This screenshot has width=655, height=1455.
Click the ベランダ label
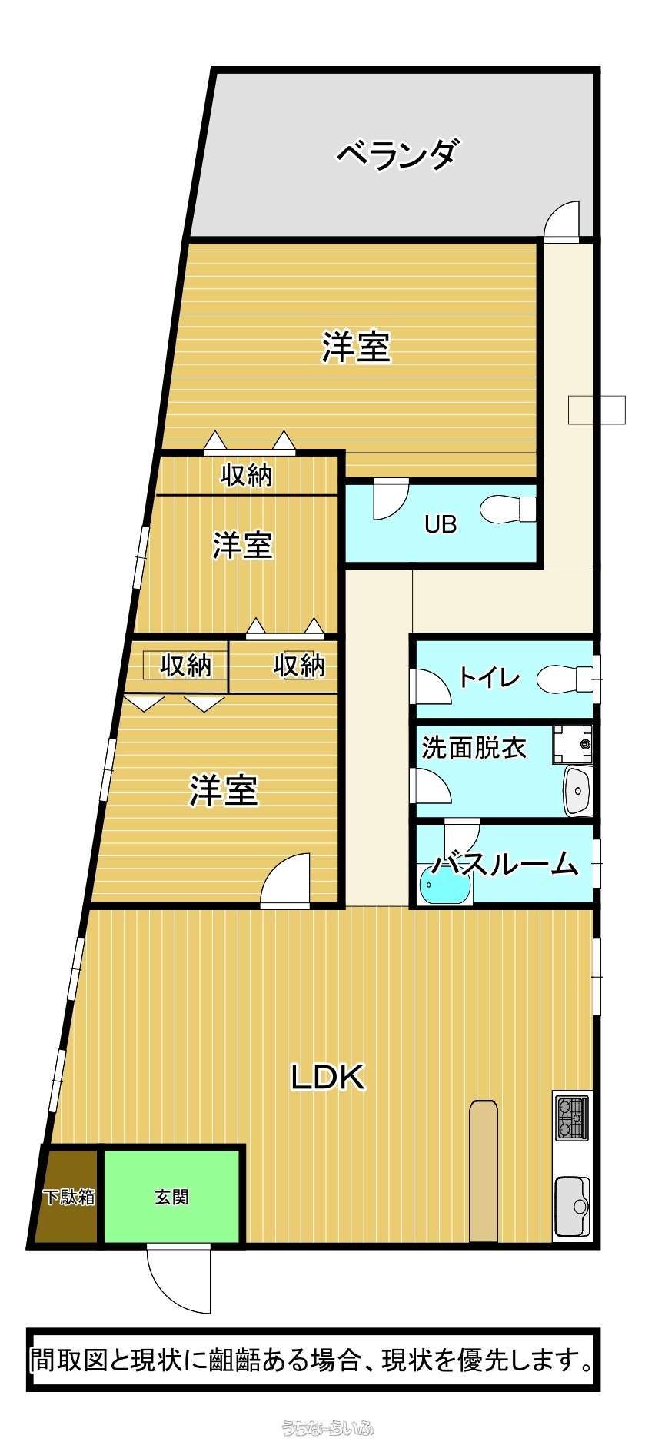tap(398, 154)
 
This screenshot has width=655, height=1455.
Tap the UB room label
tap(441, 524)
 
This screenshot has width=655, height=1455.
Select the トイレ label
tap(489, 677)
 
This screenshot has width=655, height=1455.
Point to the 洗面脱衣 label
tap(474, 747)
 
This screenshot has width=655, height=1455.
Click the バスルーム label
tap(504, 864)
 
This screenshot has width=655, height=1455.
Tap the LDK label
tap(327, 1077)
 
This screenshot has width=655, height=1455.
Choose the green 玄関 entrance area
tap(171, 1196)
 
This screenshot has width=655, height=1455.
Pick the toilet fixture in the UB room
tap(508, 508)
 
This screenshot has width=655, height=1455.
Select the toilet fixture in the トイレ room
tap(566, 679)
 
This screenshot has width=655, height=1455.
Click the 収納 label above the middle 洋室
tap(247, 475)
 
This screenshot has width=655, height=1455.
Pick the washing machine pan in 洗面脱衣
tap(573, 744)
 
